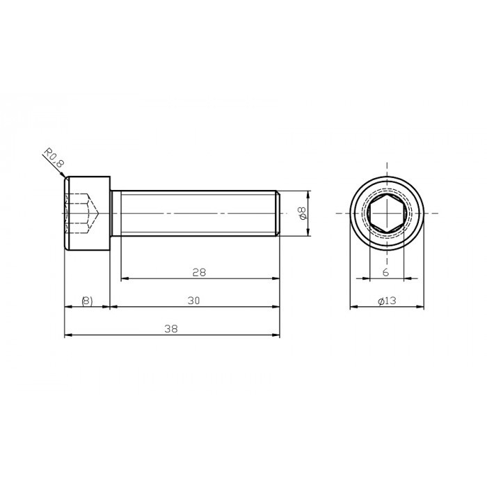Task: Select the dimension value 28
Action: tap(199, 273)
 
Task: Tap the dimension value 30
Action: tap(194, 301)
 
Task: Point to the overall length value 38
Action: tap(169, 330)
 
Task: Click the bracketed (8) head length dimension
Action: tap(86, 301)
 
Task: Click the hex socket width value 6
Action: tap(385, 273)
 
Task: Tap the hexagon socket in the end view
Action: tap(386, 212)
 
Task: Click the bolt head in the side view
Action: tap(88, 212)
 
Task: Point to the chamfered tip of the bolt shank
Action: tap(278, 212)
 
